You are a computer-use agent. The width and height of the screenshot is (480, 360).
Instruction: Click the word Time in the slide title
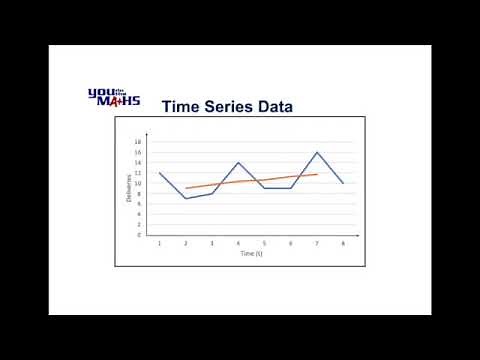[183, 105]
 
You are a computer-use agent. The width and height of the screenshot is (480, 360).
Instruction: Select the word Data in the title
[272, 105]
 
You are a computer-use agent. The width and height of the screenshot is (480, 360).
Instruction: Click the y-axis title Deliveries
[129, 188]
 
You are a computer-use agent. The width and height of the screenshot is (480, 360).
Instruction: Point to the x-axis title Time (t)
[251, 254]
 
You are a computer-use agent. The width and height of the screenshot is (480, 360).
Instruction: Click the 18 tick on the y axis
[138, 141]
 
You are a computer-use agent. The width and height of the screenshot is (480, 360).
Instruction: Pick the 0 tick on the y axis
[139, 235]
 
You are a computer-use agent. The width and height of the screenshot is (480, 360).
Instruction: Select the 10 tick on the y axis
[138, 183]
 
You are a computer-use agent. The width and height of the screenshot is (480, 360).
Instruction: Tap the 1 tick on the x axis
[160, 242]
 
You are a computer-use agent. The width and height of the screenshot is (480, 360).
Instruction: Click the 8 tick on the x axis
[343, 242]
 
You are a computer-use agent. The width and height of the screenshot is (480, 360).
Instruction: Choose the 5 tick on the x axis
[264, 242]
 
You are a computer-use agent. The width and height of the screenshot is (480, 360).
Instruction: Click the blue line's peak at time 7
[317, 152]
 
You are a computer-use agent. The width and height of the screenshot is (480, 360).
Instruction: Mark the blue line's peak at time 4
[238, 162]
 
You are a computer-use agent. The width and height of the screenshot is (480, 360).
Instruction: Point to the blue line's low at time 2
[186, 198]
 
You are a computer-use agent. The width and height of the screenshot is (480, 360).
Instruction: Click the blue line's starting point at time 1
[160, 172]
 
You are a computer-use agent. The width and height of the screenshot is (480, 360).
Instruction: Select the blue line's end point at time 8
[343, 183]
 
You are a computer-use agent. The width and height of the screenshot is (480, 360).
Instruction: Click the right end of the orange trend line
[317, 174]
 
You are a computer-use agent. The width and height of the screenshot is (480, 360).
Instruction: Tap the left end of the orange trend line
[186, 188]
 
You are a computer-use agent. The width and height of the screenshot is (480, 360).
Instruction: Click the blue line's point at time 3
[212, 193]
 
